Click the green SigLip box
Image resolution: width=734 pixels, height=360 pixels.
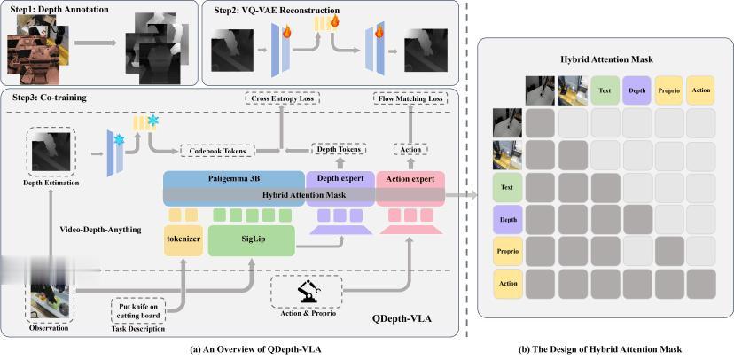(x=251, y=240)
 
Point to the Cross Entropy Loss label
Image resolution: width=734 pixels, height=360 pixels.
(x=281, y=98)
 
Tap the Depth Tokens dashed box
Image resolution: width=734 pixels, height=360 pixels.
(x=340, y=150)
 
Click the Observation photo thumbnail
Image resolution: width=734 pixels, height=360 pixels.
(x=50, y=298)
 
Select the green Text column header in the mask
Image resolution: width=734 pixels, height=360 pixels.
(x=605, y=90)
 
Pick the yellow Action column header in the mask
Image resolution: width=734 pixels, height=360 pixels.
(x=700, y=90)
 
